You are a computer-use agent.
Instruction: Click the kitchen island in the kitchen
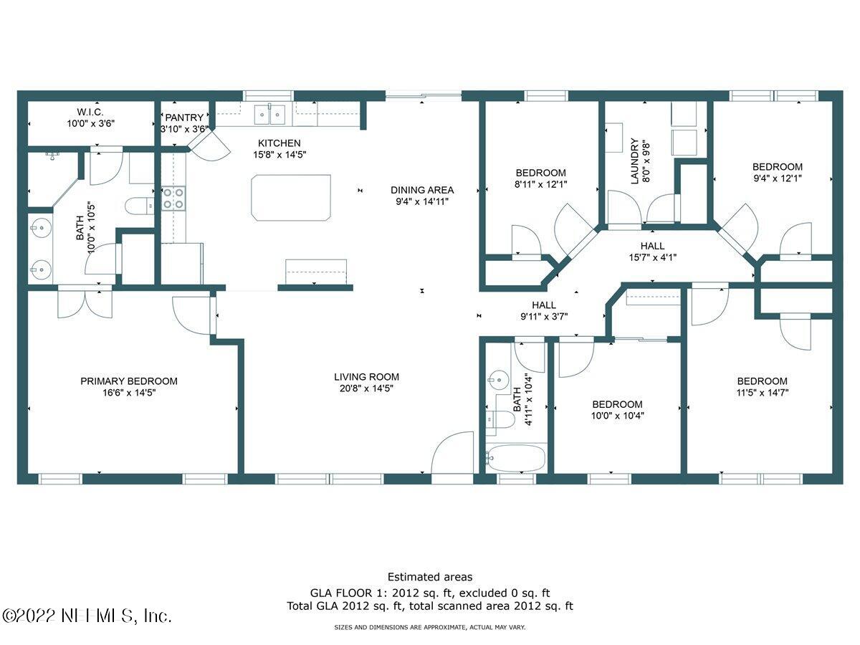point(291,197)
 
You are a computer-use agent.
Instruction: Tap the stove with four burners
point(173,199)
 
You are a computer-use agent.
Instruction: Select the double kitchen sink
point(271,113)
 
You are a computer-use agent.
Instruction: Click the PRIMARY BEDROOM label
point(129,381)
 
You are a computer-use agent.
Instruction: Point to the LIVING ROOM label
point(366,377)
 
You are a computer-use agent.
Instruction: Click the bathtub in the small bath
point(515,456)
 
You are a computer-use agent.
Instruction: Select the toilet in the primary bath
point(139,206)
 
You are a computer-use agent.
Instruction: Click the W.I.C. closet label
point(90,112)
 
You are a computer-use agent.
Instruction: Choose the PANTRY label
point(184,118)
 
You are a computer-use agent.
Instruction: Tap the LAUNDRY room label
point(634,161)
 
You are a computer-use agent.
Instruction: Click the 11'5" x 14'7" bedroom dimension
point(762,393)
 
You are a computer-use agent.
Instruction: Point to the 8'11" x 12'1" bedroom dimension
point(540,184)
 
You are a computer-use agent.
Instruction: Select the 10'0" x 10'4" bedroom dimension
point(617,416)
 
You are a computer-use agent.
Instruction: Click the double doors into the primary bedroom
point(85,301)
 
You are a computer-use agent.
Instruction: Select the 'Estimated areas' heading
point(429,576)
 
